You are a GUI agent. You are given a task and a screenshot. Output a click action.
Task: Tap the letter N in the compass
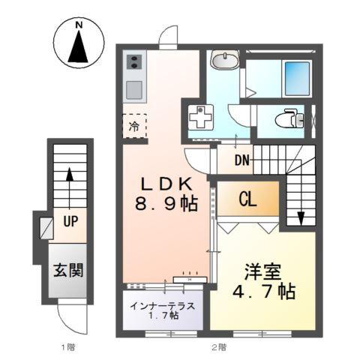[79, 27]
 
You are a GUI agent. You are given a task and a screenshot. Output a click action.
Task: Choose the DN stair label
[241, 160]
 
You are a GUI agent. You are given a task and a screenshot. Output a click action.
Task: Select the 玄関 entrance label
[67, 268]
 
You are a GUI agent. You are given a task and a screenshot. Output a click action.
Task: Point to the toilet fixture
[289, 118]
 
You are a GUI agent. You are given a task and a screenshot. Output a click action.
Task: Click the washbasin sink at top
[224, 61]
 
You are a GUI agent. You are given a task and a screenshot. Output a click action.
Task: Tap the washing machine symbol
[200, 118]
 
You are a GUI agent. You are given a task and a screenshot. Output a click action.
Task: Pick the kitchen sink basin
[134, 89]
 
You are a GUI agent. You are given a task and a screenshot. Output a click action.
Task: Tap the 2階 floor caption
[218, 347]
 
